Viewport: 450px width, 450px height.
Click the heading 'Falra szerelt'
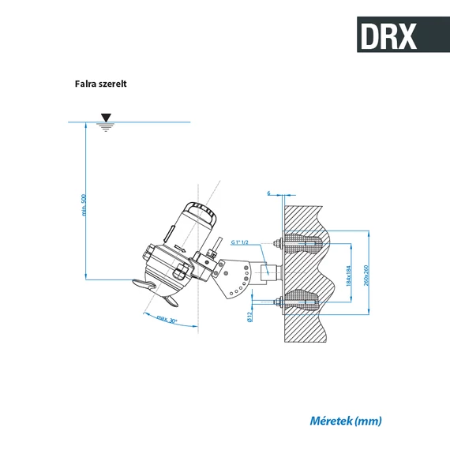pyautogui.click(x=101, y=83)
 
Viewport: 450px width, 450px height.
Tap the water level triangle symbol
pyautogui.click(x=106, y=118)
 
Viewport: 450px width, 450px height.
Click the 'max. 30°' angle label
pyautogui.click(x=166, y=320)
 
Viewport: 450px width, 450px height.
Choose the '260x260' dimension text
pyautogui.click(x=366, y=272)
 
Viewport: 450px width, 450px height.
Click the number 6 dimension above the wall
pyautogui.click(x=268, y=193)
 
